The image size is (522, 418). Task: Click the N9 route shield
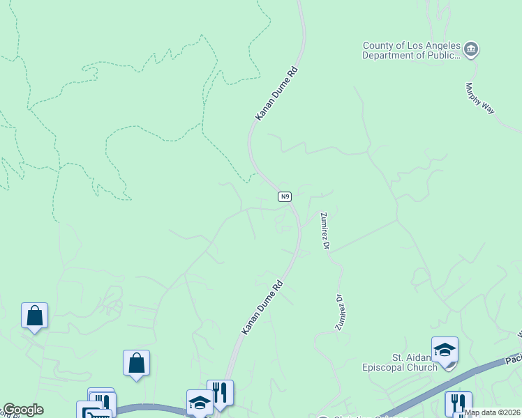284,197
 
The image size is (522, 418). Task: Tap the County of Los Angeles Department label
411,51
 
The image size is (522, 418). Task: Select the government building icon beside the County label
471,49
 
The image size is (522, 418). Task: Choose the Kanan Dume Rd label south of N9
262,307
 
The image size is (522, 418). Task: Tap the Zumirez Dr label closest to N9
323,231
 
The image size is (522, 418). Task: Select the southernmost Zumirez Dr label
341,311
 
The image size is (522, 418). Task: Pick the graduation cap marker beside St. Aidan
445,350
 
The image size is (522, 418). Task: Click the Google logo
22,410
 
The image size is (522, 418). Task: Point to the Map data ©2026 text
492,412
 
